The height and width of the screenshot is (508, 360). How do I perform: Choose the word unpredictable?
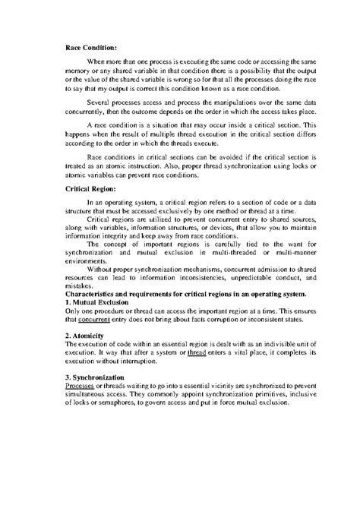point(239,276)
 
